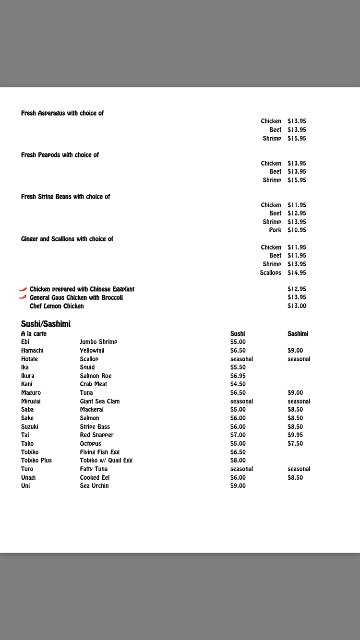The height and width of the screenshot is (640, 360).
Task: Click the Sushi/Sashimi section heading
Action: (x=46, y=324)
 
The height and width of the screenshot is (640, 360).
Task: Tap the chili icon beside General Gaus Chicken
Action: (x=23, y=297)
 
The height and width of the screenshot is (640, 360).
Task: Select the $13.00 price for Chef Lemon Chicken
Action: (x=297, y=306)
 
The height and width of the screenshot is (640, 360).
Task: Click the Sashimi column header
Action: (x=298, y=333)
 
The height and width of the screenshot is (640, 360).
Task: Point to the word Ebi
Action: (x=25, y=342)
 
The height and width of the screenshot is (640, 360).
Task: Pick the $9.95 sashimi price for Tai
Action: (x=295, y=435)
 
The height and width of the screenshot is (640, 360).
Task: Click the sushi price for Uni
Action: (x=238, y=486)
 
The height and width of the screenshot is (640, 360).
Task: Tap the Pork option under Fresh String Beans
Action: (x=275, y=230)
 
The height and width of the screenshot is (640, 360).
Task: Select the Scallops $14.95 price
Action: (x=297, y=273)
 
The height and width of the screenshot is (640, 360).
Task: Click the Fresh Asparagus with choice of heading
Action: (x=62, y=113)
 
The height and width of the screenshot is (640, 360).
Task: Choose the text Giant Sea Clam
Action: (x=100, y=401)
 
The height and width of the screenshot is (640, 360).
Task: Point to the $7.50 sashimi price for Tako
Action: (x=295, y=444)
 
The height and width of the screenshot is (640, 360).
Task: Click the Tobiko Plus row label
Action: (x=36, y=461)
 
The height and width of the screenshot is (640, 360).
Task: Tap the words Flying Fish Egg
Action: (x=100, y=452)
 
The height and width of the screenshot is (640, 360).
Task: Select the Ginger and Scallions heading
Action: (x=67, y=239)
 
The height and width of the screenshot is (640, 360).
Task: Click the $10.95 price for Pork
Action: (x=297, y=230)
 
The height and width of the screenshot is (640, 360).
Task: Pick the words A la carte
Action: (x=34, y=333)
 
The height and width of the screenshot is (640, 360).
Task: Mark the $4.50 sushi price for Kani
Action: (x=238, y=384)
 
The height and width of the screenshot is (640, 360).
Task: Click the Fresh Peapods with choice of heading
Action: (x=60, y=155)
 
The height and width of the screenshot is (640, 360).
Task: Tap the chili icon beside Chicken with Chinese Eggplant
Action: (x=23, y=289)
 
